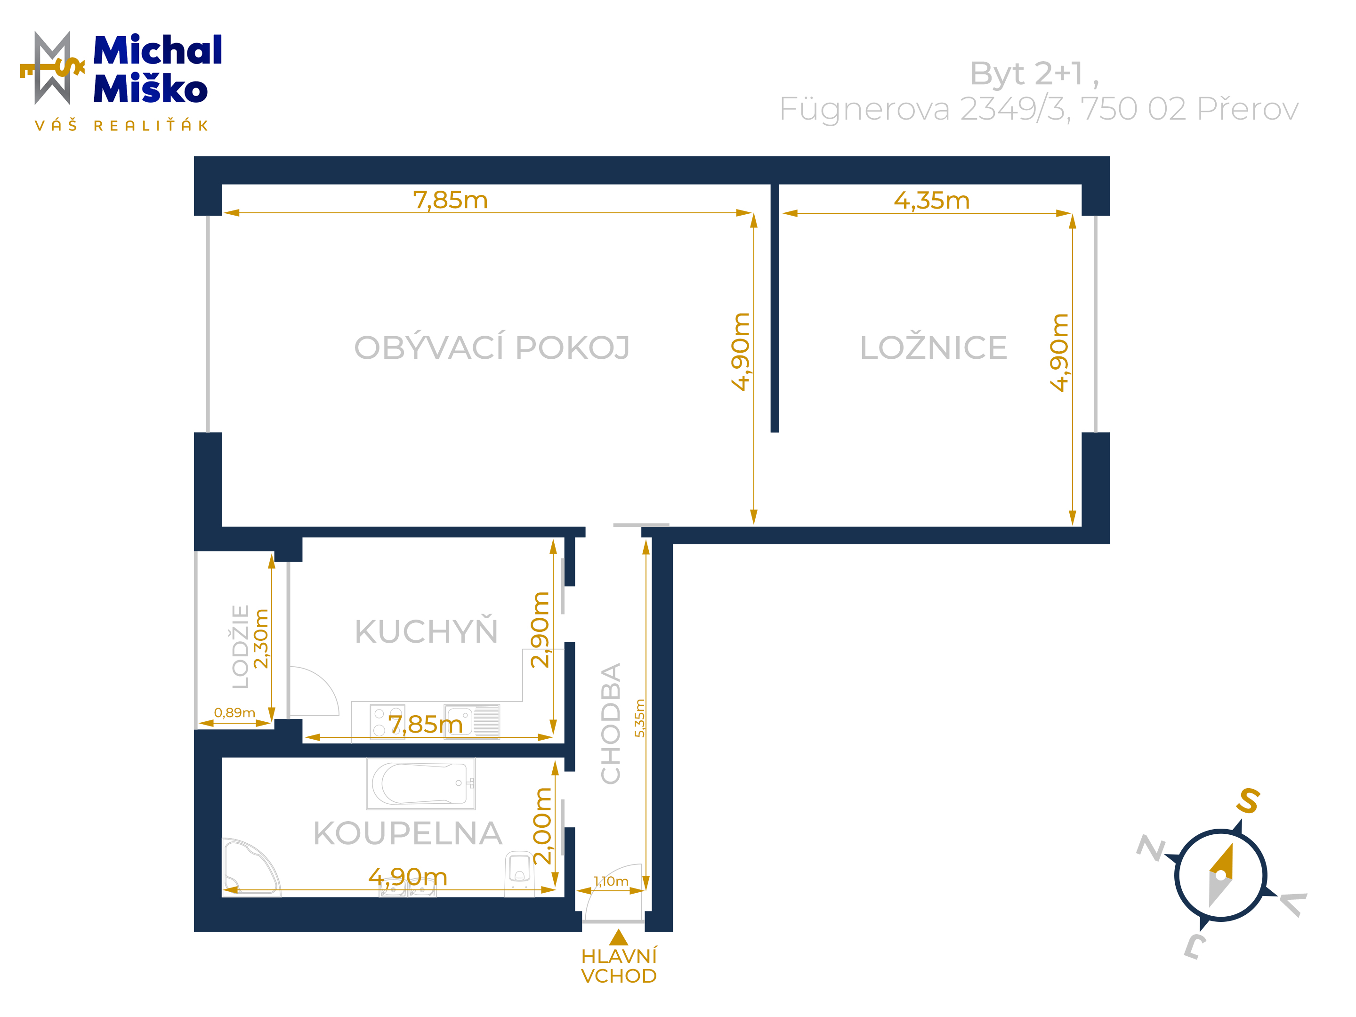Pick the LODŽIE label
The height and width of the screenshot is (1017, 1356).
coord(240,647)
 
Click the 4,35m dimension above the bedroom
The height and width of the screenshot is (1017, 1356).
coord(931,201)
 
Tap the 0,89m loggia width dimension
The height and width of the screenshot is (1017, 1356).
coord(234,713)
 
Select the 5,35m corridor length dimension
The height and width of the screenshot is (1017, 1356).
coord(639,718)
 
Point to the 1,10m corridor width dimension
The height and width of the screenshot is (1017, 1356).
coord(611,881)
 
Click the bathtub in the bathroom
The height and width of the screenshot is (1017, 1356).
coord(420,783)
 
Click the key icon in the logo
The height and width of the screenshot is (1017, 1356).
coord(52,69)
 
